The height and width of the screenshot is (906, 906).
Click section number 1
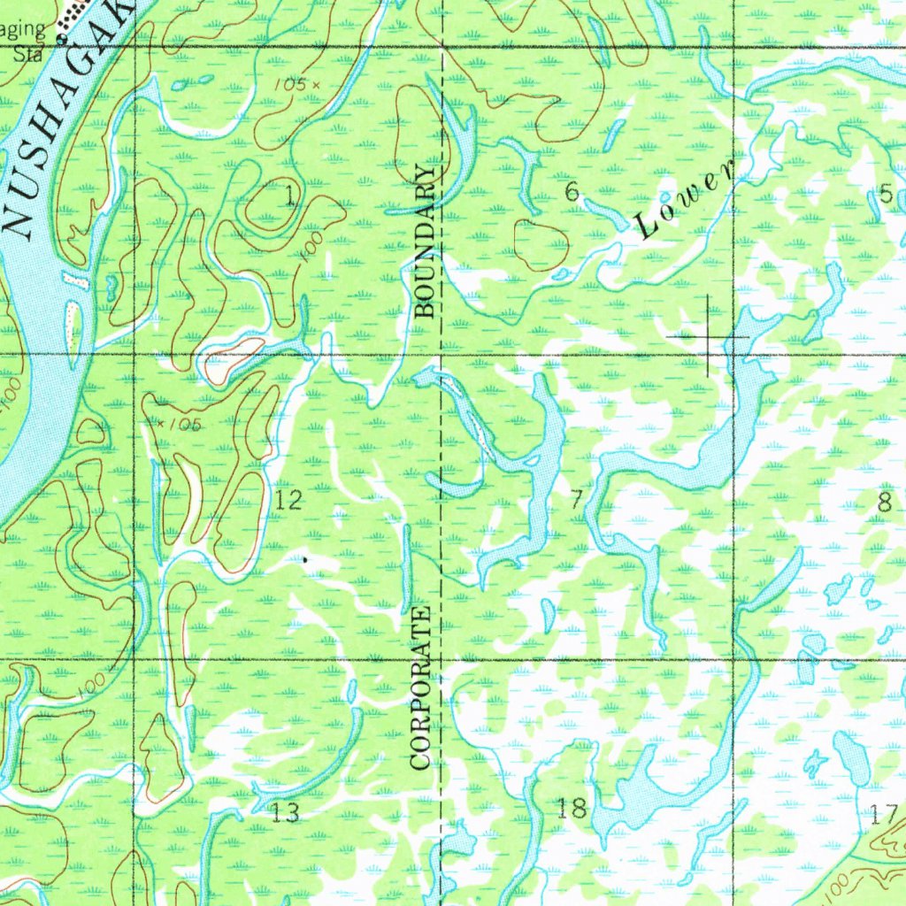tap(289, 197)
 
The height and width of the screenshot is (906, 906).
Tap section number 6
tap(572, 190)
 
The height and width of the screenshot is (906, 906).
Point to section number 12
tap(288, 500)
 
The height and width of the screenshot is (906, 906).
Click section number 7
tap(576, 500)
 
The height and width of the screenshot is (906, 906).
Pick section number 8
tap(883, 503)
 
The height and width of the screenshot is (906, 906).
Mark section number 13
tap(285, 812)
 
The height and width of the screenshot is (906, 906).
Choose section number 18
tap(572, 807)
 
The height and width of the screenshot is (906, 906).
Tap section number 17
tap(884, 814)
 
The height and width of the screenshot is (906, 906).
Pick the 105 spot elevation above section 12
tap(180, 425)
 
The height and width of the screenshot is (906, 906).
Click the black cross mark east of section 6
tap(708, 337)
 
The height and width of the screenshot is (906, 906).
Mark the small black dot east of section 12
tap(305, 559)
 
